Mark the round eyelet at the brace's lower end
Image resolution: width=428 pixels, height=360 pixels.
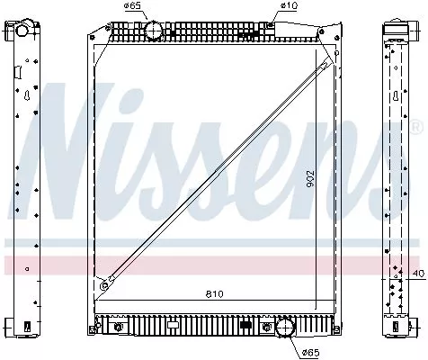(x=105, y=286)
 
